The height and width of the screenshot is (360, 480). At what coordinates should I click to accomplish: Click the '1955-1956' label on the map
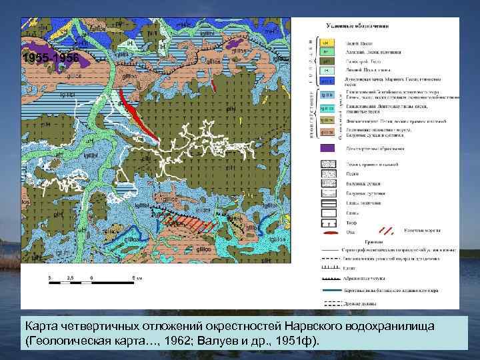(51, 59)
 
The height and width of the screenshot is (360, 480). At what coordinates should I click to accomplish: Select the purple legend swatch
(328, 148)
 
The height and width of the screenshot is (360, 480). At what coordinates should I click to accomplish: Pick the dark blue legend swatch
(328, 97)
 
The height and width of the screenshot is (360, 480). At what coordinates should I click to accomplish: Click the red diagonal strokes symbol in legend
(387, 232)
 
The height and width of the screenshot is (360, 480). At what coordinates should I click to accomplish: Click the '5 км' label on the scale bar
(136, 275)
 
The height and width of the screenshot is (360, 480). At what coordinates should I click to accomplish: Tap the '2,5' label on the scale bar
(69, 275)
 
